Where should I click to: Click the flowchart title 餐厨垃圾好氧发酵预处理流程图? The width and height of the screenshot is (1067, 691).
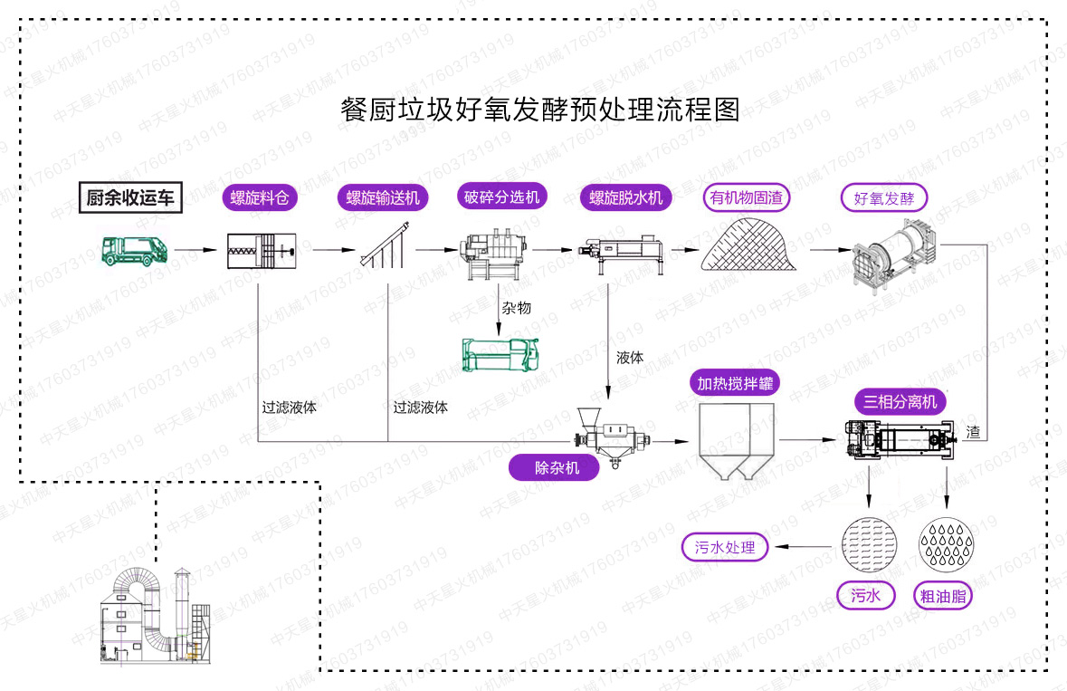pos(539,110)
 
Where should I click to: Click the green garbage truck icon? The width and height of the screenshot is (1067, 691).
pos(134,250)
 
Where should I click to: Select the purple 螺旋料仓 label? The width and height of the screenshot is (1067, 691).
pos(260,197)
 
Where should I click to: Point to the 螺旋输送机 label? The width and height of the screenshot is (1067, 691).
pos(382,197)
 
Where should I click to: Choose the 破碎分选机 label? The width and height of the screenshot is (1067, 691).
pos(501,197)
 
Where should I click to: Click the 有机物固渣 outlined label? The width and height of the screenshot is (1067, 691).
pos(747,197)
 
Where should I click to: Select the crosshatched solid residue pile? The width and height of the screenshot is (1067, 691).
pos(747,245)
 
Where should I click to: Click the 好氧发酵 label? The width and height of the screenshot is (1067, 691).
pos(884,197)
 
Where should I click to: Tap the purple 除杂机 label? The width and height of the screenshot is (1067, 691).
pos(554,467)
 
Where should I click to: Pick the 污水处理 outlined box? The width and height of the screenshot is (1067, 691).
pos(724,547)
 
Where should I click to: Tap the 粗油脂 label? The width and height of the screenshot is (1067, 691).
pos(942,596)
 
